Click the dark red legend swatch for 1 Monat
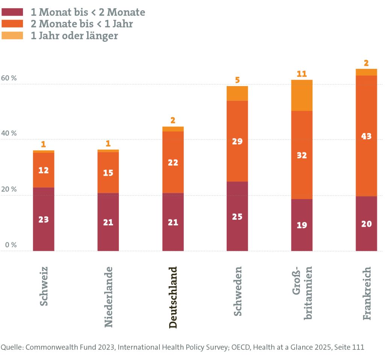coord(12,12)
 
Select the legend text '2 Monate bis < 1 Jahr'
coord(82,24)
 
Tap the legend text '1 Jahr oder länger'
coord(74,36)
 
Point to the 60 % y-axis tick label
coord(9,78)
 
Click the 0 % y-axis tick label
coord(9,245)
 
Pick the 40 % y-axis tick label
coord(9,134)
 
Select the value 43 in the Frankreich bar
coord(366,136)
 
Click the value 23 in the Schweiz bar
coord(44,219)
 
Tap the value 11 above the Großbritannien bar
coord(302,74)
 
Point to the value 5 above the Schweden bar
coord(237,80)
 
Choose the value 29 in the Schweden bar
coord(237,142)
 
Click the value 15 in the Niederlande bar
coord(108,173)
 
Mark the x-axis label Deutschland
coord(173,297)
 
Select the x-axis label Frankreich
coord(367,293)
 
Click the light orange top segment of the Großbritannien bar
coord(302,96)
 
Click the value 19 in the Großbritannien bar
coord(302,225)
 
